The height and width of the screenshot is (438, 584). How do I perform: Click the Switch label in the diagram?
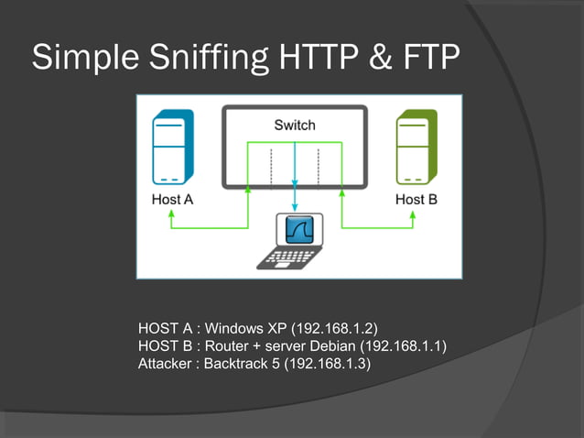294,125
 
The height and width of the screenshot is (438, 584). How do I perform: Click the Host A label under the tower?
171,198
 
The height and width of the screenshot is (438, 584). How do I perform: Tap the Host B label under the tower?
416,198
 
